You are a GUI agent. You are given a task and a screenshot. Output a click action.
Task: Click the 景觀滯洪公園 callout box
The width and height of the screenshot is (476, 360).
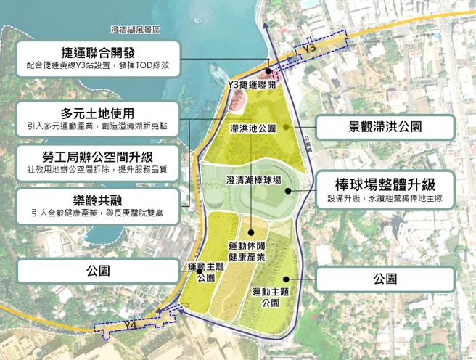[x=385, y=126]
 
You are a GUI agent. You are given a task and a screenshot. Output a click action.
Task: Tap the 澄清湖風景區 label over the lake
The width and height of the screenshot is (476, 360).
[x=136, y=30]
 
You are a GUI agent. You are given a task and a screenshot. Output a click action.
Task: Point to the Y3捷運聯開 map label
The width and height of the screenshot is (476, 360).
[x=251, y=84]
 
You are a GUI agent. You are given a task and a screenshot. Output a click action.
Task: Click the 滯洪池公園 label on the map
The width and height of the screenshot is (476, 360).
[x=252, y=128]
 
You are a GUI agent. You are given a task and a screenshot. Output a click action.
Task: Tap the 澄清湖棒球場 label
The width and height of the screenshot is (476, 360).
[x=254, y=180]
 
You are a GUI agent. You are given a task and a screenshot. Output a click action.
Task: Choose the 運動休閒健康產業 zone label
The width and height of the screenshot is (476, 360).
[x=247, y=250]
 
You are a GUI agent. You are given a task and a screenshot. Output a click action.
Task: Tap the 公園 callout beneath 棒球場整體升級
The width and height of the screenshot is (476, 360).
[x=385, y=279]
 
